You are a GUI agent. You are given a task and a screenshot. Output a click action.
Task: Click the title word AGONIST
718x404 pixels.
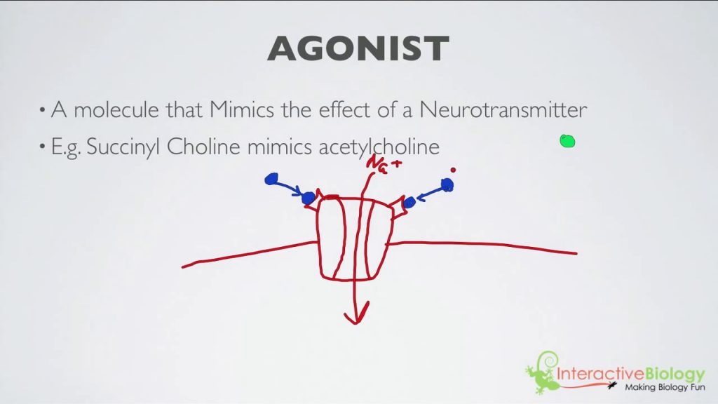coord(358,48)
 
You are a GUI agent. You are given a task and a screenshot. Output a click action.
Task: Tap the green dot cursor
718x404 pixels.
coord(567,141)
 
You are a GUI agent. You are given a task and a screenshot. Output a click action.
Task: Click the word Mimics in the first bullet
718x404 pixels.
coord(242,109)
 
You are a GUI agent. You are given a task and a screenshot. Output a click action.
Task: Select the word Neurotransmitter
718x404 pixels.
coord(503,109)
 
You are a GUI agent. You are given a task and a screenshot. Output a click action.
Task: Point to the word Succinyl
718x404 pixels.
coord(123,147)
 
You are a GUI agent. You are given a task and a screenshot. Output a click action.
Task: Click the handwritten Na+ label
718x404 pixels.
coord(384,165)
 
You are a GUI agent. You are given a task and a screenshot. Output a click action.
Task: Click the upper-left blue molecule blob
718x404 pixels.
coord(271,179)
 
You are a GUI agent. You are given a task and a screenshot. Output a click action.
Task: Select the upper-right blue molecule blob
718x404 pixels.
coord(447,185)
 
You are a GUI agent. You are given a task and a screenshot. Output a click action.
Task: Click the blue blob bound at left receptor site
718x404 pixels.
coord(309,198)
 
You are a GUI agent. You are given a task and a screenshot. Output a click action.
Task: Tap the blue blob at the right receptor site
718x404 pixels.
coord(409,201)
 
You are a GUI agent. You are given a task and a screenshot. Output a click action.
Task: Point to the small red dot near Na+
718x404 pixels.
coord(453,170)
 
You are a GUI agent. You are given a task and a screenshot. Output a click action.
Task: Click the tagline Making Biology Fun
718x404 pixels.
coord(665,387)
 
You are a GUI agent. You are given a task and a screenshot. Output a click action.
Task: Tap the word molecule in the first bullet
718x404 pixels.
coord(116,109)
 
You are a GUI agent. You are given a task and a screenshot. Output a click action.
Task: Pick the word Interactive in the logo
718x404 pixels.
coord(600,374)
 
